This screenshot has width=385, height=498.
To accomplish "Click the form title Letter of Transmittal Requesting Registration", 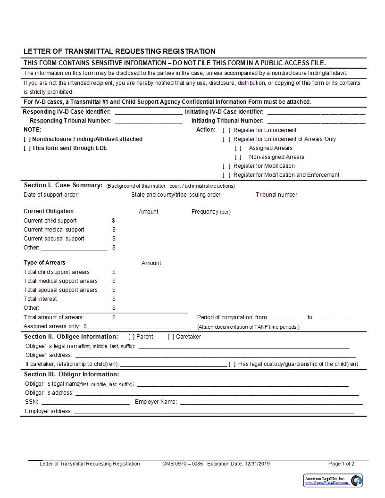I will click(x=119, y=51).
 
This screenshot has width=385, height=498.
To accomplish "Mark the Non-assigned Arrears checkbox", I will click(x=238, y=157).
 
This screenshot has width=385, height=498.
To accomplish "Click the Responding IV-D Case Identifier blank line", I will click(x=148, y=112).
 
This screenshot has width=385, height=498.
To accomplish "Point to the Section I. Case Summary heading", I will click(x=63, y=185).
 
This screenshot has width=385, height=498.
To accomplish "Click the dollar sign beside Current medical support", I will click(x=114, y=230).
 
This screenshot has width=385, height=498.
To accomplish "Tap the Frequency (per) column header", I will click(x=210, y=212).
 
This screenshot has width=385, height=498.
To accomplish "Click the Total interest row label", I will click(x=40, y=299).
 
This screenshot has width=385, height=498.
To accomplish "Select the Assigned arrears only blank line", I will click(x=137, y=326).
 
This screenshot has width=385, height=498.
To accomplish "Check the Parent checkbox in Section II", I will click(x=132, y=337).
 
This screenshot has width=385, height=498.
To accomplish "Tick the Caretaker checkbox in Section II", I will click(x=171, y=337).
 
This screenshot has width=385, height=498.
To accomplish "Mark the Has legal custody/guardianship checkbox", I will click(x=232, y=364).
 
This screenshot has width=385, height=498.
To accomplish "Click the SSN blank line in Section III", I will click(x=85, y=402).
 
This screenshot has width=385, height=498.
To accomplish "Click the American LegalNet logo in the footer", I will click(x=333, y=481).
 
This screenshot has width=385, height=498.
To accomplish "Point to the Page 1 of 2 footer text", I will click(x=341, y=464).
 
